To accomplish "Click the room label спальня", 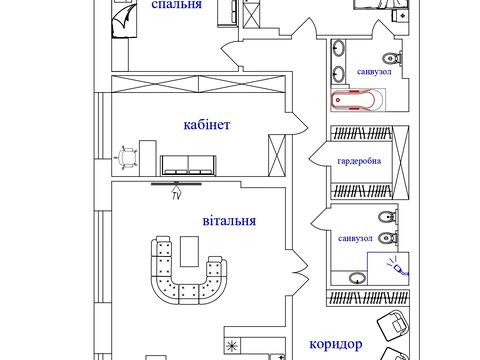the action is (177, 4).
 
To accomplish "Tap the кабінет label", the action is (207, 125).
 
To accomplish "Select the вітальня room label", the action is (229, 221).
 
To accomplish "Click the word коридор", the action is (336, 344).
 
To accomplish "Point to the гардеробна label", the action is (359, 161).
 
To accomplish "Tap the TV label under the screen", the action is (176, 196).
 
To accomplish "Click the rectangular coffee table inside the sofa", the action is (189, 251).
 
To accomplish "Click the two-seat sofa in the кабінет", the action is (188, 165).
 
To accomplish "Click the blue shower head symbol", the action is (397, 267).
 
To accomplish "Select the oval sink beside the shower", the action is (357, 278).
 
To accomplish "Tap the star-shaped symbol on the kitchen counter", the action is (232, 346).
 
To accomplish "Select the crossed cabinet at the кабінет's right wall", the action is (277, 155).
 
